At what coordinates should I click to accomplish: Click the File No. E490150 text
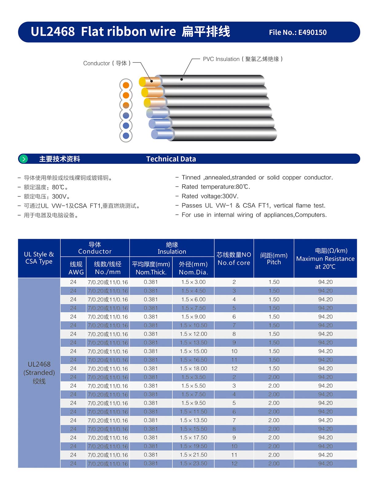(x=298, y=32)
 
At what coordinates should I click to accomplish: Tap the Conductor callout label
(x=107, y=63)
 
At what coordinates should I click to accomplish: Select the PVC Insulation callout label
(x=243, y=59)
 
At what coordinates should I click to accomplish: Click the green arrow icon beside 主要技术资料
(x=24, y=159)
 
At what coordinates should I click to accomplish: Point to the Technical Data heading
(x=171, y=159)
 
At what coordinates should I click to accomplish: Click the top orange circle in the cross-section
(x=126, y=85)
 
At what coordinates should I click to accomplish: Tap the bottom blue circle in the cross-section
(x=126, y=136)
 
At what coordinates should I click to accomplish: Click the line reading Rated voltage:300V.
(x=210, y=196)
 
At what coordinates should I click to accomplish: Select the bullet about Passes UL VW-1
(x=253, y=205)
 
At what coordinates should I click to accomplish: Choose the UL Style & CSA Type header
(x=39, y=258)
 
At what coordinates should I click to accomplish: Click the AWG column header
(x=76, y=268)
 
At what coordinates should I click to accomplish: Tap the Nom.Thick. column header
(x=151, y=268)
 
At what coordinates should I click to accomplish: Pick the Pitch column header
(x=274, y=259)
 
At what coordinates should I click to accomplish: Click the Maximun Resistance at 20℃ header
(x=325, y=259)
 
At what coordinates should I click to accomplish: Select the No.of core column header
(x=234, y=259)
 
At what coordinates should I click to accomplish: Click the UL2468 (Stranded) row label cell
(x=39, y=373)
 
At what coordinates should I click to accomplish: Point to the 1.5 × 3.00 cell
(x=193, y=282)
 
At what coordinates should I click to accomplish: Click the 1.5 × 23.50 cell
(x=193, y=463)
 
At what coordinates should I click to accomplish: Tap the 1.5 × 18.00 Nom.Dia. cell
(x=193, y=368)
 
